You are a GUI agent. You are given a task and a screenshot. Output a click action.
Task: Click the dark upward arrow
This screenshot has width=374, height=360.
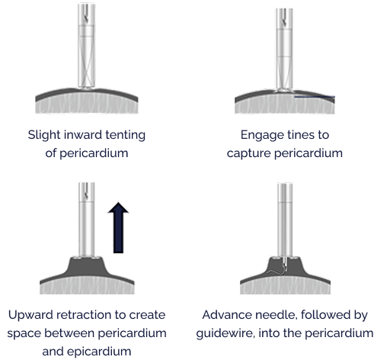click(118, 227)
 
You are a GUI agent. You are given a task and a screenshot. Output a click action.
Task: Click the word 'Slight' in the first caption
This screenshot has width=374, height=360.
click(44, 135)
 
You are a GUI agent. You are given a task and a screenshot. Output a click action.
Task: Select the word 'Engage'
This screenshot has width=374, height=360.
click(259, 135)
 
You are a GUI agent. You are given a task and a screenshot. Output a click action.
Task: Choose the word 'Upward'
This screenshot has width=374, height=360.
click(30, 315)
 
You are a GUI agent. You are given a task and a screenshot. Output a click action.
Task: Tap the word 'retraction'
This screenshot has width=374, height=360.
click(84, 315)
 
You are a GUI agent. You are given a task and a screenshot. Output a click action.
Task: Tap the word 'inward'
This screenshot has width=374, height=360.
click(83, 135)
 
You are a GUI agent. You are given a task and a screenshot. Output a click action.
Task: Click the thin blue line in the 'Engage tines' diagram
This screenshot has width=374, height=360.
click(315, 97)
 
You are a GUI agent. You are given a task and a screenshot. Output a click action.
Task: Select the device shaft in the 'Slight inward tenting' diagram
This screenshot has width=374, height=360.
click(86, 46)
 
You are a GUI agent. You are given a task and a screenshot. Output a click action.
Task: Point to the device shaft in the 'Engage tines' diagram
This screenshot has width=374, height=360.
click(284, 50)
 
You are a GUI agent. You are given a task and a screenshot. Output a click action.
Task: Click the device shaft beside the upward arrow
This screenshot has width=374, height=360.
click(87, 220)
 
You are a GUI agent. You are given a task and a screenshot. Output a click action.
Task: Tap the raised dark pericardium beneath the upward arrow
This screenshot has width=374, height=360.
click(87, 268)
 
